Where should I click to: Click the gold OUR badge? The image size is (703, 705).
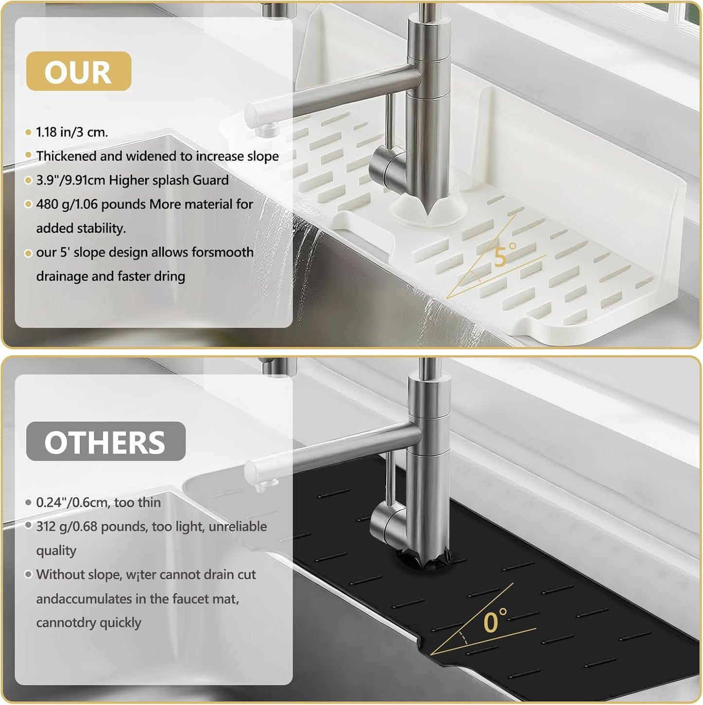click(x=79, y=71)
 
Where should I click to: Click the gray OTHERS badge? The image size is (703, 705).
click(x=106, y=441)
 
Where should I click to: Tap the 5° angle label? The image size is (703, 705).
click(x=505, y=254)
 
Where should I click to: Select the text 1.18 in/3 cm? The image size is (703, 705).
click(x=72, y=132)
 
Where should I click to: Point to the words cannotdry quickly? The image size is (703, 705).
click(x=89, y=623)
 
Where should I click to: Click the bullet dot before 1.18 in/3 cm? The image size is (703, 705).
click(x=29, y=132)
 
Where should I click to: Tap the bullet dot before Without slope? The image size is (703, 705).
click(x=29, y=575)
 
